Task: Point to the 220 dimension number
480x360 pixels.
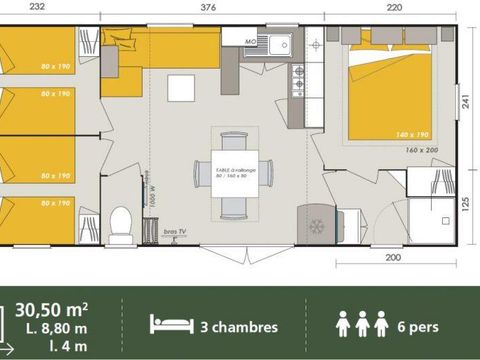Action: tap(392, 6)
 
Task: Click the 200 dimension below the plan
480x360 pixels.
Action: tap(393, 258)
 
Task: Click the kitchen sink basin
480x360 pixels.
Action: tap(274, 44)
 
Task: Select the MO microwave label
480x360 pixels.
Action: tap(254, 38)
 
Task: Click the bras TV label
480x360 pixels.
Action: tap(176, 233)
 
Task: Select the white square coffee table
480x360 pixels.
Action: tap(181, 87)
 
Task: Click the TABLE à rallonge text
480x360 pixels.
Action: tap(236, 170)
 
